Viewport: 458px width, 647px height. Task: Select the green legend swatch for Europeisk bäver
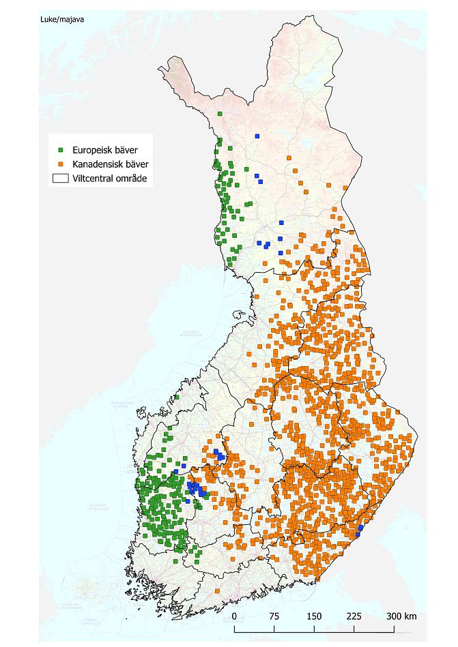pyautogui.click(x=61, y=149)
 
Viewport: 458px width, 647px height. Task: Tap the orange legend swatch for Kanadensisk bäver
pyautogui.click(x=61, y=164)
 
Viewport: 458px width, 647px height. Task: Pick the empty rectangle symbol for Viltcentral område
pyautogui.click(x=61, y=179)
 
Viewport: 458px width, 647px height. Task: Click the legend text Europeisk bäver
pyautogui.click(x=102, y=149)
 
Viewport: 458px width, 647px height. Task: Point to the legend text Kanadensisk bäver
pyautogui.click(x=110, y=164)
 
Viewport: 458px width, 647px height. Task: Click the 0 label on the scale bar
pyautogui.click(x=235, y=616)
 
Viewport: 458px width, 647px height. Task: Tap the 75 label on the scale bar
pyautogui.click(x=274, y=616)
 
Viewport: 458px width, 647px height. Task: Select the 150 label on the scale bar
pyautogui.click(x=314, y=616)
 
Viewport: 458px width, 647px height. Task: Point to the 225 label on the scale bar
pyautogui.click(x=354, y=616)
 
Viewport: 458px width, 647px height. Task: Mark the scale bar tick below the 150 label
pyautogui.click(x=314, y=627)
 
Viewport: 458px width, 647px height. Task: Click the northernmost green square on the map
pyautogui.click(x=220, y=114)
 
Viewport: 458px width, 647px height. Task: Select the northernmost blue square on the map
pyautogui.click(x=257, y=136)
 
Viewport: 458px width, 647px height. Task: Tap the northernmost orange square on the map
pyautogui.click(x=294, y=170)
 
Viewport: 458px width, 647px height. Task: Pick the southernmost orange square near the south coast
pyautogui.click(x=218, y=590)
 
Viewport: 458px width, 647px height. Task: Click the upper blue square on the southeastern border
pyautogui.click(x=360, y=527)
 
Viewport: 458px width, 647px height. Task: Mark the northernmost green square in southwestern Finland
pyautogui.click(x=177, y=397)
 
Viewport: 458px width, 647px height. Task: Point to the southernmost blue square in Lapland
pyautogui.click(x=281, y=253)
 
